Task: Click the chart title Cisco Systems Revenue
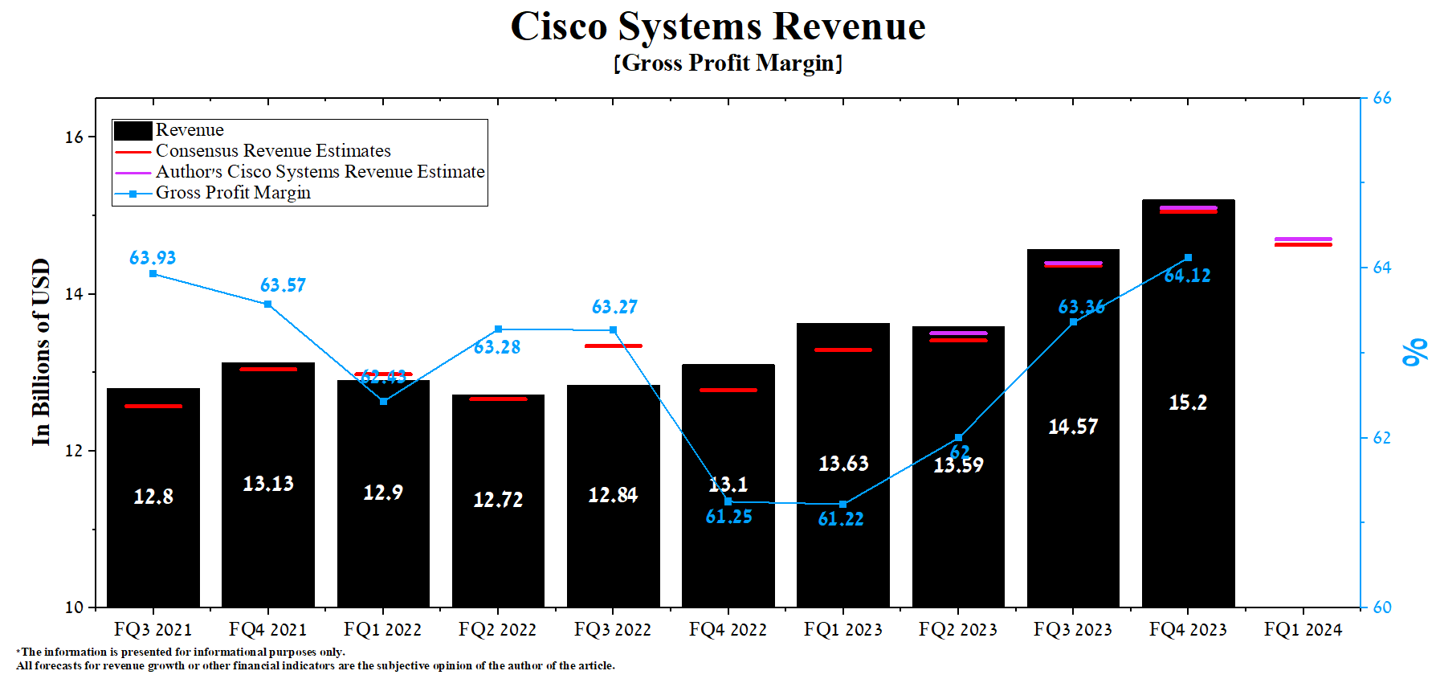(717, 27)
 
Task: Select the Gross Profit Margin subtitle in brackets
(728, 63)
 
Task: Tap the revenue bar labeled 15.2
(1188, 482)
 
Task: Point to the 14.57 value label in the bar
(1073, 427)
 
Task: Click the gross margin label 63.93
(153, 258)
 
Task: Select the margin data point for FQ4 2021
(267, 305)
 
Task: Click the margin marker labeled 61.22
(842, 504)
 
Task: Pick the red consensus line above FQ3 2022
(613, 346)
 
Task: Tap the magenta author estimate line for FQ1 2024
(1303, 239)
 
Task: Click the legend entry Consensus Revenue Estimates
(273, 151)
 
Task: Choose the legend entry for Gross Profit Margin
(233, 193)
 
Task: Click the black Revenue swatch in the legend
(133, 130)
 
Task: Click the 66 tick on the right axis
(1382, 98)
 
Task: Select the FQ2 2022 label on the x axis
(497, 630)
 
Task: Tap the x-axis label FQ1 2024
(1303, 630)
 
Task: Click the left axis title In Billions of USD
(41, 352)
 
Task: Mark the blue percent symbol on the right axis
(1414, 352)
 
